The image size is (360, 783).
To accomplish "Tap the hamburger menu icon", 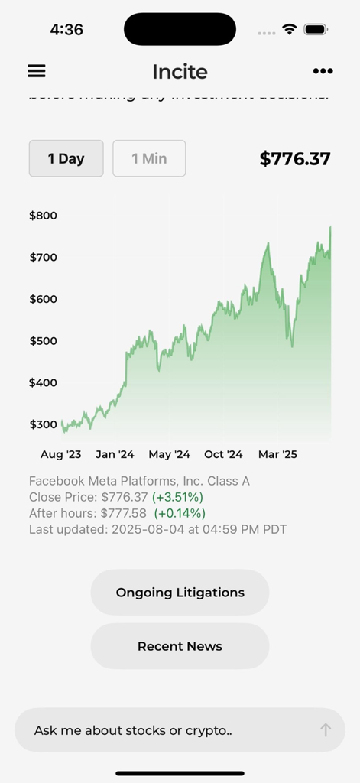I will coord(37,71).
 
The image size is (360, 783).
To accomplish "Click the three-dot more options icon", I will coord(323,71).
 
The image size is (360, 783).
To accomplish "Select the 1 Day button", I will coord(66,158).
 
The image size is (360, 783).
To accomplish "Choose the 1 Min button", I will coord(149,158).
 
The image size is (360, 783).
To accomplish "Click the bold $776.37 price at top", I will coord(295,159).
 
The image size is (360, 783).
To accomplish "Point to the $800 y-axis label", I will coord(43,216).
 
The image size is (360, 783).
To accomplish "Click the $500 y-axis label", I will coord(43,341).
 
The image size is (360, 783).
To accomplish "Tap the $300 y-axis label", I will coord(43,424).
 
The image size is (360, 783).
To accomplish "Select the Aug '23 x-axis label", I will coord(60,454).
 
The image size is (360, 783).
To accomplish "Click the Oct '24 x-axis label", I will coord(223,454).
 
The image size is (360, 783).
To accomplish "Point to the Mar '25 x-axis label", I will coord(277,454).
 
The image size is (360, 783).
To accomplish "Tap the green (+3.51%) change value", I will coord(177,497).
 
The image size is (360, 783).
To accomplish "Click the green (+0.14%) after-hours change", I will coord(180,513).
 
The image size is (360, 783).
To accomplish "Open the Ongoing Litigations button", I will coord(180,593).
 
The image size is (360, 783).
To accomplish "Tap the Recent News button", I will coord(180,646).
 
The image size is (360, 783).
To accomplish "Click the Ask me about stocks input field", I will coord(161,730).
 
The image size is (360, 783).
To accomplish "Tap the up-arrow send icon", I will coord(326,730).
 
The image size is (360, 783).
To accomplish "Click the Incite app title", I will coord(180,72).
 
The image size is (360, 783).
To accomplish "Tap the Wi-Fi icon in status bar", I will coord(289,30).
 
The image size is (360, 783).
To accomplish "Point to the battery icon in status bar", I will coord(316,30).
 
